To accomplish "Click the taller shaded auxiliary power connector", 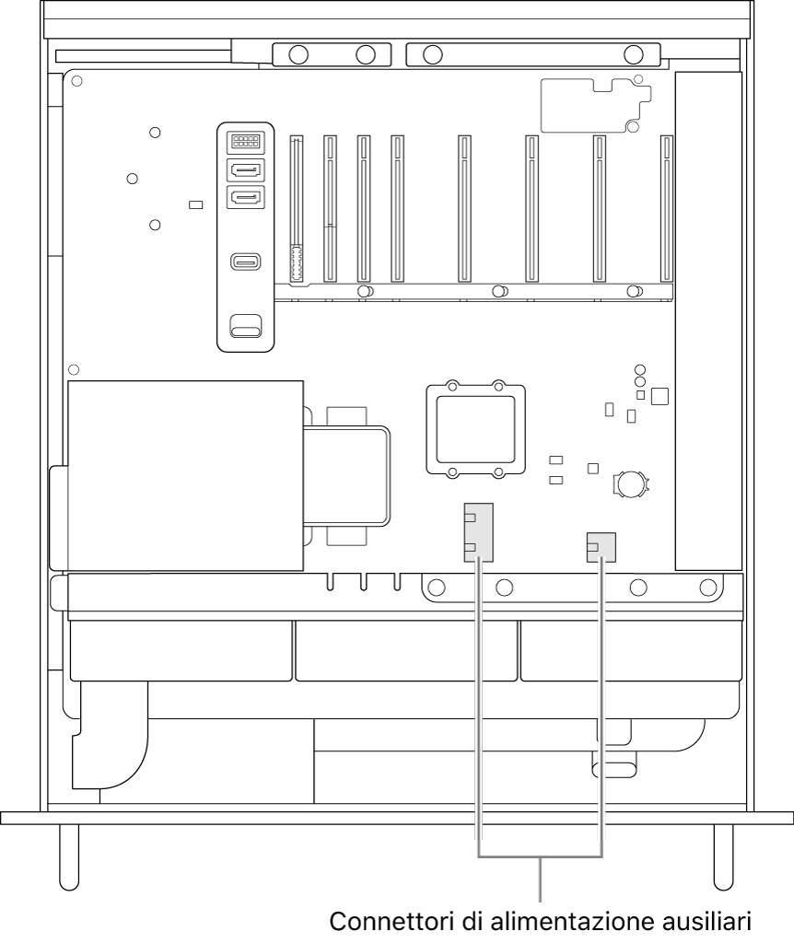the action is click(478, 532).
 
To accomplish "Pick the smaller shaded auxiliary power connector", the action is click(601, 547).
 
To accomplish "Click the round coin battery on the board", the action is click(631, 483).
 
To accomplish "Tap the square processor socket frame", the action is click(476, 429).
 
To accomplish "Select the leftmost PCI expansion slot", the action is click(296, 209).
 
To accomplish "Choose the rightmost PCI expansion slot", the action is click(667, 209).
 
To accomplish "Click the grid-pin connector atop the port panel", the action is click(245, 141).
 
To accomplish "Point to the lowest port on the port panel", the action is click(245, 326).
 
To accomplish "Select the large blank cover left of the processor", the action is click(185, 475).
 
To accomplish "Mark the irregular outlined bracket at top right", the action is click(596, 105).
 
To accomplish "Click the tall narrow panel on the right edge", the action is click(708, 320).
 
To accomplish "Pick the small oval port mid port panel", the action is click(245, 262).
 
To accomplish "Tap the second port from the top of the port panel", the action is click(245, 170).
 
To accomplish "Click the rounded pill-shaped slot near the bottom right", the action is click(614, 771).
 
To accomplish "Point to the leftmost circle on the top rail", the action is click(298, 54).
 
